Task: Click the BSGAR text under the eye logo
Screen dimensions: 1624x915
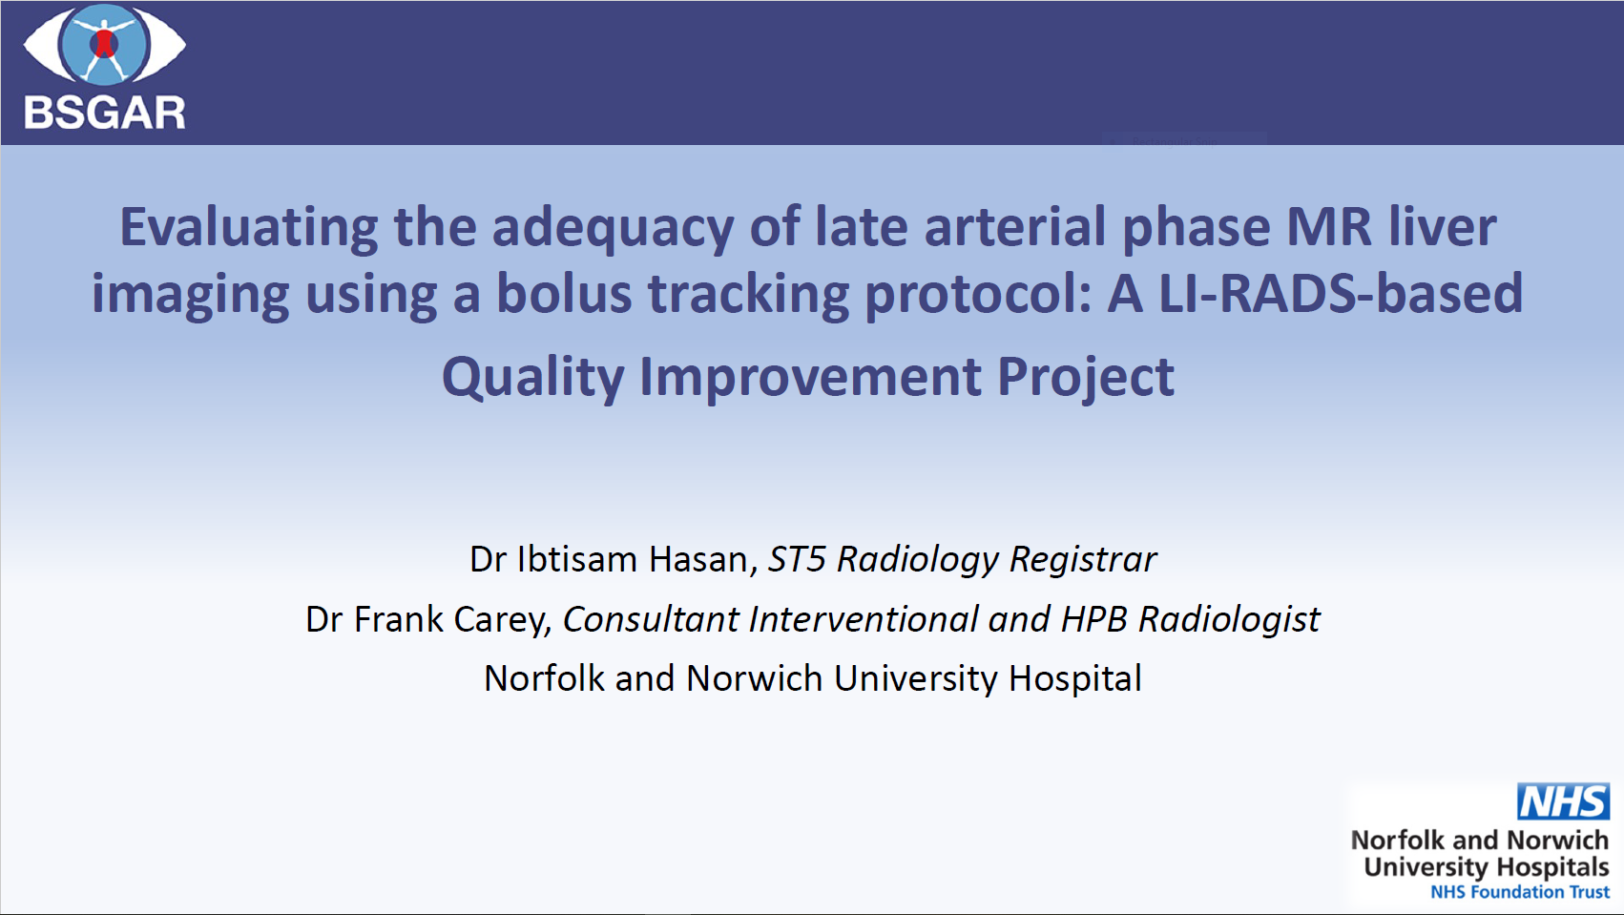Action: click(x=105, y=114)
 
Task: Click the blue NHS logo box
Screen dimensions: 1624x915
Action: click(x=1562, y=801)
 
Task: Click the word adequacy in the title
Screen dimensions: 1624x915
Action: click(x=613, y=228)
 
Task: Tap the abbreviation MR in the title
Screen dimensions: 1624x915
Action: click(x=1329, y=227)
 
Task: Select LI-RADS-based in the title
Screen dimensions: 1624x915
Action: click(x=1341, y=294)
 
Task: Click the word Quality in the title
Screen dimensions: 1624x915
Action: click(x=533, y=378)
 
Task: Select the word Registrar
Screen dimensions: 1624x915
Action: click(x=1083, y=560)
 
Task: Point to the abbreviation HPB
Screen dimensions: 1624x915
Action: click(x=1093, y=619)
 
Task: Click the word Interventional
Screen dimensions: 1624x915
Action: click(x=864, y=619)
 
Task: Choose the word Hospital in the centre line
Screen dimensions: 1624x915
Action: click(x=1075, y=679)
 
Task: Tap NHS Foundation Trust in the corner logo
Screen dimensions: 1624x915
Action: click(x=1520, y=892)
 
